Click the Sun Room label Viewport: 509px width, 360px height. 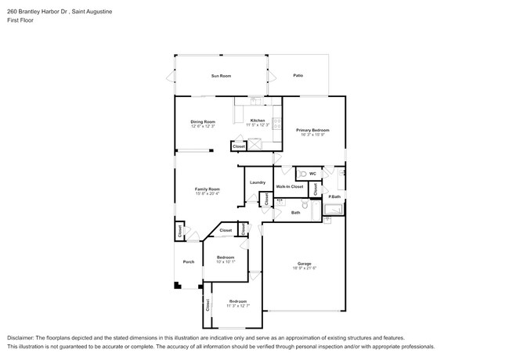click(221, 76)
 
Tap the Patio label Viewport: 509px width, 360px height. click(298, 76)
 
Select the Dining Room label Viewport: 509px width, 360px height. click(202, 121)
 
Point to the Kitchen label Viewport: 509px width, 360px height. click(258, 121)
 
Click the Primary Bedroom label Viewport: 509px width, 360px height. click(312, 130)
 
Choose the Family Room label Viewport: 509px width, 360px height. click(208, 189)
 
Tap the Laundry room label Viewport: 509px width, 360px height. click(258, 182)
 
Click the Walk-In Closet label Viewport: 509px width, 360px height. click(290, 186)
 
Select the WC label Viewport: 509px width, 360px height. click(312, 174)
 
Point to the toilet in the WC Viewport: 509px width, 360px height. click(301, 174)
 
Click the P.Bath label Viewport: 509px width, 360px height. click(334, 196)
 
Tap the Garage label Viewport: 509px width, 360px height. click(304, 263)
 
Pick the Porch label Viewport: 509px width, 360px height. click(188, 261)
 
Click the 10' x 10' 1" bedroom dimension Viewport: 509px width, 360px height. click(226, 262)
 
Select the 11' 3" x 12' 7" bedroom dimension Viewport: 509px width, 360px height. click(238, 306)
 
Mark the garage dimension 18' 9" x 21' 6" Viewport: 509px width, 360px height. click(304, 268)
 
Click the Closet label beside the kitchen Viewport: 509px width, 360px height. click(239, 146)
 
